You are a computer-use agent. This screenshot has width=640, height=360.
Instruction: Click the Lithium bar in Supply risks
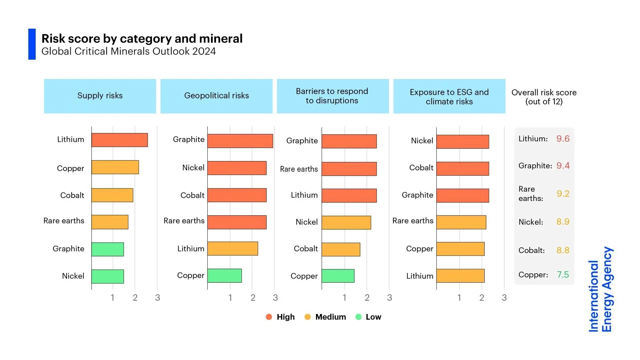(119, 140)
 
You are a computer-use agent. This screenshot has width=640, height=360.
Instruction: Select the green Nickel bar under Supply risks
(107, 276)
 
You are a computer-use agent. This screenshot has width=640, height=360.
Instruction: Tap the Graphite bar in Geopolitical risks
(240, 141)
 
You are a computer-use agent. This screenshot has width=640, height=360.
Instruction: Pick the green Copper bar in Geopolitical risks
(224, 276)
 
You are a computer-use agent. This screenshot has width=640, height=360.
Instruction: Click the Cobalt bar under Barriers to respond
(341, 249)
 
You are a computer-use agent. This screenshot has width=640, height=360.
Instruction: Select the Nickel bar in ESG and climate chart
(462, 142)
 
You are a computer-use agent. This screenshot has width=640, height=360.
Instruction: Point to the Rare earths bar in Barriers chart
(349, 169)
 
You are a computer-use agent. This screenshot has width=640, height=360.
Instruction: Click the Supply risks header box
(100, 96)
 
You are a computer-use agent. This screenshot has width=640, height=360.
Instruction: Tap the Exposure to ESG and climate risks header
(449, 96)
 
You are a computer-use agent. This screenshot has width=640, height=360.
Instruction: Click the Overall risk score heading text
(544, 97)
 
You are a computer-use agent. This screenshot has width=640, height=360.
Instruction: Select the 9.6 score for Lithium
(563, 139)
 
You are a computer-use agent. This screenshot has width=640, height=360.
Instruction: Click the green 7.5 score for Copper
(563, 275)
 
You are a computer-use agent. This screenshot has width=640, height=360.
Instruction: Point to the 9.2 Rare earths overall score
(563, 194)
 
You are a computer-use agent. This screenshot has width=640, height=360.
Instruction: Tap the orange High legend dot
(269, 317)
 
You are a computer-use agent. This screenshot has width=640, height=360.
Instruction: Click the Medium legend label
(330, 317)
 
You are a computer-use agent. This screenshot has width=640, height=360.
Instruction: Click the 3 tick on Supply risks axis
(157, 298)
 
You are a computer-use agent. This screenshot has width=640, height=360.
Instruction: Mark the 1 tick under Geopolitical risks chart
(230, 298)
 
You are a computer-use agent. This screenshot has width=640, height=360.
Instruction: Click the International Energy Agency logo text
(600, 289)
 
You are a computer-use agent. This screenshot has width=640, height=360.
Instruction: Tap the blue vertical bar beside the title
(32, 44)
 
